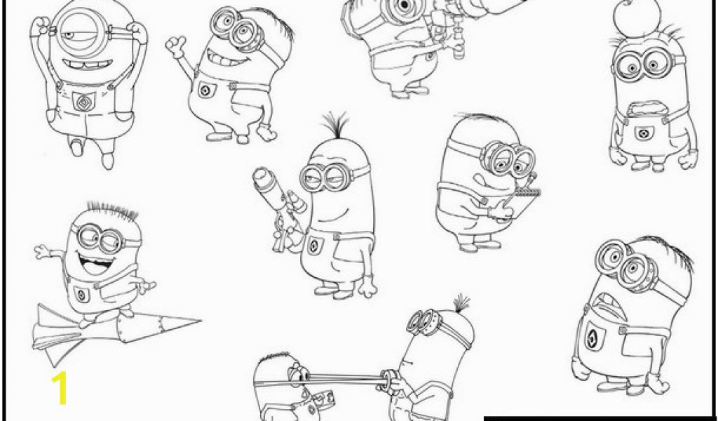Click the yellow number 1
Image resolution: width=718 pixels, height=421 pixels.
pyautogui.click(x=60, y=387)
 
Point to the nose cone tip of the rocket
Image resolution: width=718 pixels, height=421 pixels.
pyautogui.click(x=200, y=321)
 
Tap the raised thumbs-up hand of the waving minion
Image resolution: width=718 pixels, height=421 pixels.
pyautogui.click(x=176, y=45)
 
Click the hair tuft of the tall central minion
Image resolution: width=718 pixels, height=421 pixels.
pyautogui.click(x=336, y=125)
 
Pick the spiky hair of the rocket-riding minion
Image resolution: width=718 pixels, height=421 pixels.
pyautogui.click(x=111, y=210)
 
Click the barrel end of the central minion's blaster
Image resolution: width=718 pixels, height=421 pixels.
pyautogui.click(x=262, y=176)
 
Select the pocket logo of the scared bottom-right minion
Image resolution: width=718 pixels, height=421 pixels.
pyautogui.click(x=595, y=338)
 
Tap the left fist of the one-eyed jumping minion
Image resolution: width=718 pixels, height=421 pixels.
pyautogui.click(x=41, y=26)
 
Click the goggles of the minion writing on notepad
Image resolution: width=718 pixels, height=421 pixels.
pyautogui.click(x=508, y=159)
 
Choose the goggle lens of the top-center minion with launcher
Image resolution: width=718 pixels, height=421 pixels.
pyautogui.click(x=404, y=6)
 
